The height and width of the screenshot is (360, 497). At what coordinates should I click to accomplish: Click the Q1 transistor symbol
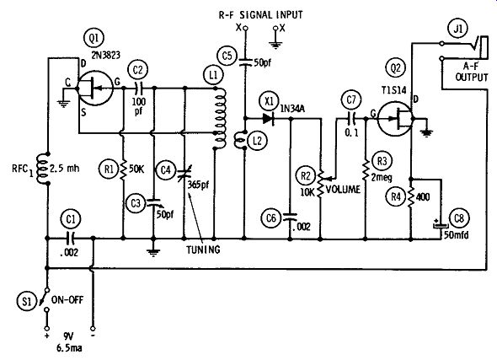95,86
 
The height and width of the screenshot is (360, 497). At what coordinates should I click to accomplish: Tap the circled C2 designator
138,70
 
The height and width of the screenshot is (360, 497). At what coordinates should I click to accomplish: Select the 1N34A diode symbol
268,119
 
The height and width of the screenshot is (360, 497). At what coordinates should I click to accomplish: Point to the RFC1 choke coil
42,169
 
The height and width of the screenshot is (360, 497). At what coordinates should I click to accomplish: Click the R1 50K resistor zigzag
123,170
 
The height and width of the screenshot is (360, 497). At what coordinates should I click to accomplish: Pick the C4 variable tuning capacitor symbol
183,174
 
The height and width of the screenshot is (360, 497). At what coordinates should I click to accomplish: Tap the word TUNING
203,250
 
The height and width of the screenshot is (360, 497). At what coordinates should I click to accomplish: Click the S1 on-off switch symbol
45,300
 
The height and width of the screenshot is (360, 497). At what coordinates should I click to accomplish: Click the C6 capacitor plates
290,217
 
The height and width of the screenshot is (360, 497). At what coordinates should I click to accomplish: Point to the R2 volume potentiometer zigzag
320,183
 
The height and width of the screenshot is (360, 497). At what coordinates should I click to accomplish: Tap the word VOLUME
344,190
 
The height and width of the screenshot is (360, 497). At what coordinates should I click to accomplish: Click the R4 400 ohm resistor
411,197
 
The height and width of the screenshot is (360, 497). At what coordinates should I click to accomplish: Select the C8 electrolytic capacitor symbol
441,225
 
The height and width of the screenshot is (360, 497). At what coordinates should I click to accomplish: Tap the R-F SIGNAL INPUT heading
261,15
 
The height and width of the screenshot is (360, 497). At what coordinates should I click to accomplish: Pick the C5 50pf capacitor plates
244,62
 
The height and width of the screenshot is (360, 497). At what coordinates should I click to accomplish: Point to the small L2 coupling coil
240,140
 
